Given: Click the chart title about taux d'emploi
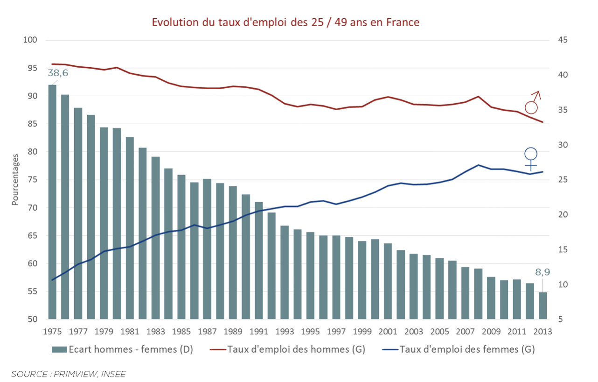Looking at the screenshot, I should pyautogui.click(x=285, y=22).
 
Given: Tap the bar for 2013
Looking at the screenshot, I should pyautogui.click(x=542, y=306).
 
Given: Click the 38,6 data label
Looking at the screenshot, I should pyautogui.click(x=58, y=73).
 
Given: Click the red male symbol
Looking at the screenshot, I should pyautogui.click(x=532, y=103).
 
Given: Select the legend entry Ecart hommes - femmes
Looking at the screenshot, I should pyautogui.click(x=123, y=349).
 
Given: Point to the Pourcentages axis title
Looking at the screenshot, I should pyautogui.click(x=15, y=179).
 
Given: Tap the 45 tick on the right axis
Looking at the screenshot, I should pyautogui.click(x=562, y=40).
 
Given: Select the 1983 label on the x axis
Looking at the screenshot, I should pyautogui.click(x=156, y=332).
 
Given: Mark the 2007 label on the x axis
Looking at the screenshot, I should pyautogui.click(x=465, y=332).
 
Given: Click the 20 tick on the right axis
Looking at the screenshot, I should pyautogui.click(x=562, y=215).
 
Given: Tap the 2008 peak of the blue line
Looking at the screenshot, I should pyautogui.click(x=478, y=165).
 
